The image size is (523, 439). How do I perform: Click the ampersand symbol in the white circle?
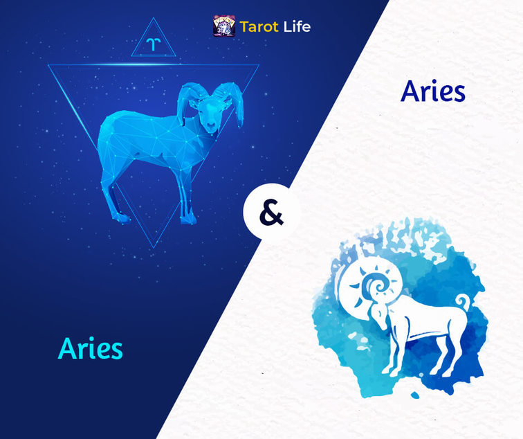[271, 213]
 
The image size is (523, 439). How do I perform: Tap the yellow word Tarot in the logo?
[259, 27]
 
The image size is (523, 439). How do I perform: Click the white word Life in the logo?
[297, 26]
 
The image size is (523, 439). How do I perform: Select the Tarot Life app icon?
[224, 26]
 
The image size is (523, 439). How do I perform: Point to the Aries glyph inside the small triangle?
[153, 44]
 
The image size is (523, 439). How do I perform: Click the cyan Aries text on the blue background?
[91, 348]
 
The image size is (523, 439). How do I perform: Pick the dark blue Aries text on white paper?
[433, 91]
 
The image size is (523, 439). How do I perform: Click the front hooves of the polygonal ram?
[188, 219]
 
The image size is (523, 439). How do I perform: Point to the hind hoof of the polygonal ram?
[122, 217]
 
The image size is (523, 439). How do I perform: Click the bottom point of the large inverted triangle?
[154, 248]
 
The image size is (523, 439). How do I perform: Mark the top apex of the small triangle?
[154, 18]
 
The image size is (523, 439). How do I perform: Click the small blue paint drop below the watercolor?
[415, 395]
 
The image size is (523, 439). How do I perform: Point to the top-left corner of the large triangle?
[48, 65]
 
